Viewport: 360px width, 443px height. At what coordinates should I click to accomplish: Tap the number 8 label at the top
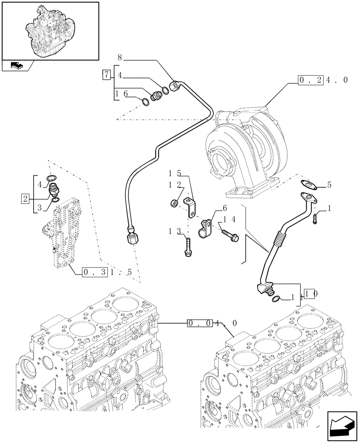click(119, 57)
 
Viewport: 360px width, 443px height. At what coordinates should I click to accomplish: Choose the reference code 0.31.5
click(107, 272)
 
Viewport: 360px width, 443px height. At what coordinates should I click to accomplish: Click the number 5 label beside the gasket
click(329, 184)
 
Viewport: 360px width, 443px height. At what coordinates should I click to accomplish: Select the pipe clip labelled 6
click(205, 226)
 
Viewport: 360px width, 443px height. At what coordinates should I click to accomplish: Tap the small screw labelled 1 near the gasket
click(316, 218)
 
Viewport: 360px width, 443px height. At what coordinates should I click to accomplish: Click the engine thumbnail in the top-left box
click(50, 30)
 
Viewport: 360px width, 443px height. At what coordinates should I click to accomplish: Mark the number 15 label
click(174, 172)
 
